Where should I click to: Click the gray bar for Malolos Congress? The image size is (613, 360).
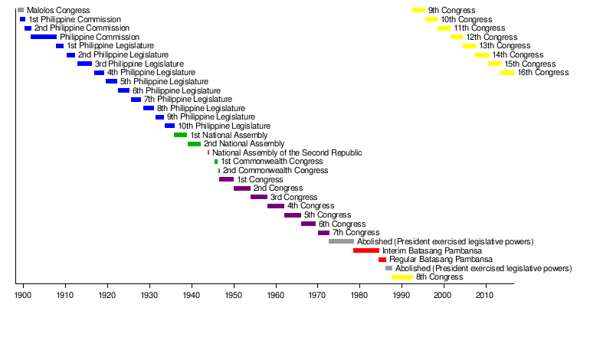pos(21,10)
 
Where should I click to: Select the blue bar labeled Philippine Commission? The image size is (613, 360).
pos(44,37)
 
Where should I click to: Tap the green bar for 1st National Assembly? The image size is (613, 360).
pos(180,135)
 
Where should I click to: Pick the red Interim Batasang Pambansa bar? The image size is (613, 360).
pos(366,250)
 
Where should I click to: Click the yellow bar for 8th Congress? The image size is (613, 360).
pos(402,277)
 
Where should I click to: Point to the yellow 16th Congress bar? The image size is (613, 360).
pos(507,73)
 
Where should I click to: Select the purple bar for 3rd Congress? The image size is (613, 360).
pos(259,197)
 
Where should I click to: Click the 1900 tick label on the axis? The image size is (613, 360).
pos(23,295)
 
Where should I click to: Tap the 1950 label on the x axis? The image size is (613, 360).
pos(233,295)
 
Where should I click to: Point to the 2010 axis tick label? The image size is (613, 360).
pos(484,295)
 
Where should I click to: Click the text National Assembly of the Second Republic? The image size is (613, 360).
pos(287,153)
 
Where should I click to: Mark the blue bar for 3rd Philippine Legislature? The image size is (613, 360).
pos(84,64)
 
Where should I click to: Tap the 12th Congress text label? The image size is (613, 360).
pos(491,37)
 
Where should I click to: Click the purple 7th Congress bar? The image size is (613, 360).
pos(323,233)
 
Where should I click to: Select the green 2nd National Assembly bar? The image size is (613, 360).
pos(194,144)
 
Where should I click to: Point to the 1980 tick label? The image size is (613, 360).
pos(359,295)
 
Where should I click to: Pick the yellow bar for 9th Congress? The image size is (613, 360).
pos(418,10)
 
